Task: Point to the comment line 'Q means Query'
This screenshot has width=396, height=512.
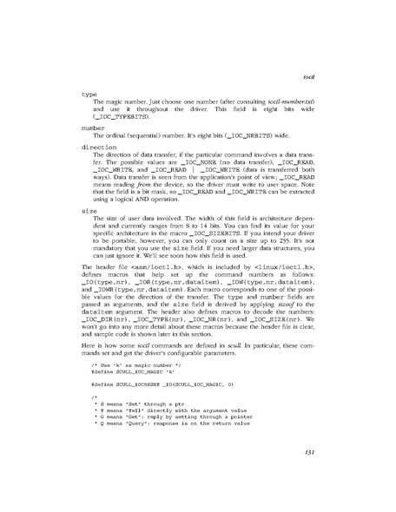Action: point(165,455)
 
